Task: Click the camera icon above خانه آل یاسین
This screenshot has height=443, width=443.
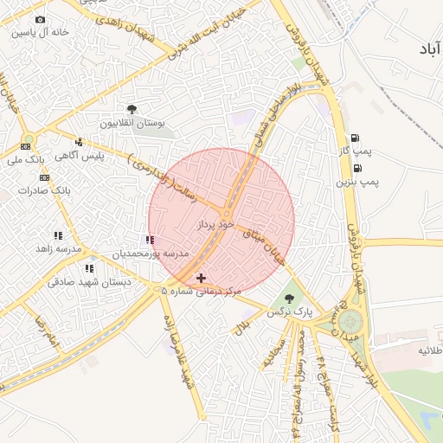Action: tap(40, 20)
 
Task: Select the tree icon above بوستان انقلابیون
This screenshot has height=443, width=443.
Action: tap(132, 109)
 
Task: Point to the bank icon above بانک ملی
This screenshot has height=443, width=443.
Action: tap(25, 146)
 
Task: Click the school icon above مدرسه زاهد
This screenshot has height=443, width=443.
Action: tap(58, 235)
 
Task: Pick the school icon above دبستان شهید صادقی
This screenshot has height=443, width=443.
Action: tap(89, 268)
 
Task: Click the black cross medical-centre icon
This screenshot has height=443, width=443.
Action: tap(202, 278)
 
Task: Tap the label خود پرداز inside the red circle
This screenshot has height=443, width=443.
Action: tap(215, 224)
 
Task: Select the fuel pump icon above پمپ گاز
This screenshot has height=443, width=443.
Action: tap(355, 138)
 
